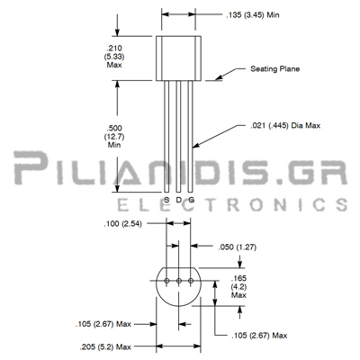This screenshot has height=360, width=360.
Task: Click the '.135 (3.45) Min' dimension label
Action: coord(253,14)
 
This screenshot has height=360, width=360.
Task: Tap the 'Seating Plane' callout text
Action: coord(275,68)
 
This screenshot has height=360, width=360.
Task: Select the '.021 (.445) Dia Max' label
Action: coord(285,125)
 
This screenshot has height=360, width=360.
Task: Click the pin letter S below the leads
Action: coord(166,200)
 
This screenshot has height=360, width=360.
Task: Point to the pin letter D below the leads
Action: coord(179,200)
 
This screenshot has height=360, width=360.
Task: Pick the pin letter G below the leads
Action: coord(191,200)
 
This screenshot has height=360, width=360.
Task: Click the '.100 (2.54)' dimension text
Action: coord(122,223)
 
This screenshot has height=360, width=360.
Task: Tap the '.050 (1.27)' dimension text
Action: coord(238,247)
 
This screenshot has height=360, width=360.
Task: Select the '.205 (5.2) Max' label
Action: coord(105,347)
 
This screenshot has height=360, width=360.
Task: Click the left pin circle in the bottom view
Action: coord(166,281)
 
